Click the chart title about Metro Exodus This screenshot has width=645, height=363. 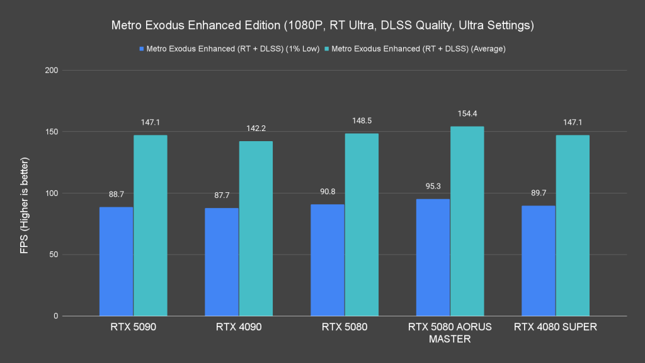[x=322, y=26]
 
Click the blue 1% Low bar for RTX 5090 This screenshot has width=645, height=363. [x=116, y=262]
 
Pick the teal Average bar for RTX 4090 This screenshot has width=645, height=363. [x=256, y=228]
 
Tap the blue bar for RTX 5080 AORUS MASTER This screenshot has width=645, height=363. [x=433, y=257]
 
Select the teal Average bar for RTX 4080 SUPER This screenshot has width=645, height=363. [x=573, y=226]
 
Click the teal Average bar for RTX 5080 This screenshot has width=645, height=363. [x=362, y=224]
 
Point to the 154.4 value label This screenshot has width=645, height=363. [x=467, y=113]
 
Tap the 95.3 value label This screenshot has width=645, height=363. [x=433, y=187]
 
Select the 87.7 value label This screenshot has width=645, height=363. [x=221, y=195]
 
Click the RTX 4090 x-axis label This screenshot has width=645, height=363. [x=239, y=327]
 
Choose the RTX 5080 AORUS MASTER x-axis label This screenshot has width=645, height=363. [x=450, y=333]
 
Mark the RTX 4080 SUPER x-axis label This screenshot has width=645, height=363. [x=555, y=327]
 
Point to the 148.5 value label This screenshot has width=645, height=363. [x=362, y=121]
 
